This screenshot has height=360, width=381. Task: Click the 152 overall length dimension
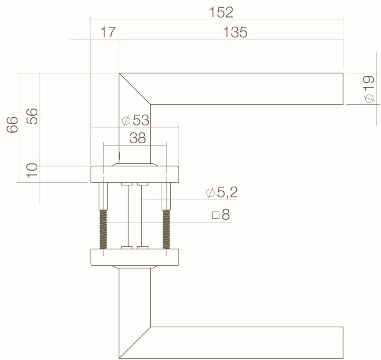[x=221, y=13]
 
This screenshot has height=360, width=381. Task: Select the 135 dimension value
[x=235, y=33]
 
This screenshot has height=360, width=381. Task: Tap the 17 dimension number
[x=108, y=33]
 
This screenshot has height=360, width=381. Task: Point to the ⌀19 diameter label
[x=369, y=89]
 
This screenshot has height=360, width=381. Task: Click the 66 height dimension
[x=13, y=124]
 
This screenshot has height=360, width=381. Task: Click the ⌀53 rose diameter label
[x=136, y=121]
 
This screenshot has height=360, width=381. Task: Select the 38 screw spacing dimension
[x=138, y=138]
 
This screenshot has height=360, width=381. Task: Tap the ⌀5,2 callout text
[x=222, y=193]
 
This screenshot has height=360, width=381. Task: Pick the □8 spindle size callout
[x=221, y=215]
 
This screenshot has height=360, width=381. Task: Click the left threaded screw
[x=103, y=230]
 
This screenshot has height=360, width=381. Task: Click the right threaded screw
[x=166, y=230]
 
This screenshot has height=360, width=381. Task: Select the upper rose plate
[x=134, y=174]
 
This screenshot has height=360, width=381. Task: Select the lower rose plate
[x=134, y=257]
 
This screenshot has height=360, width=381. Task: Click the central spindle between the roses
[x=135, y=216]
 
